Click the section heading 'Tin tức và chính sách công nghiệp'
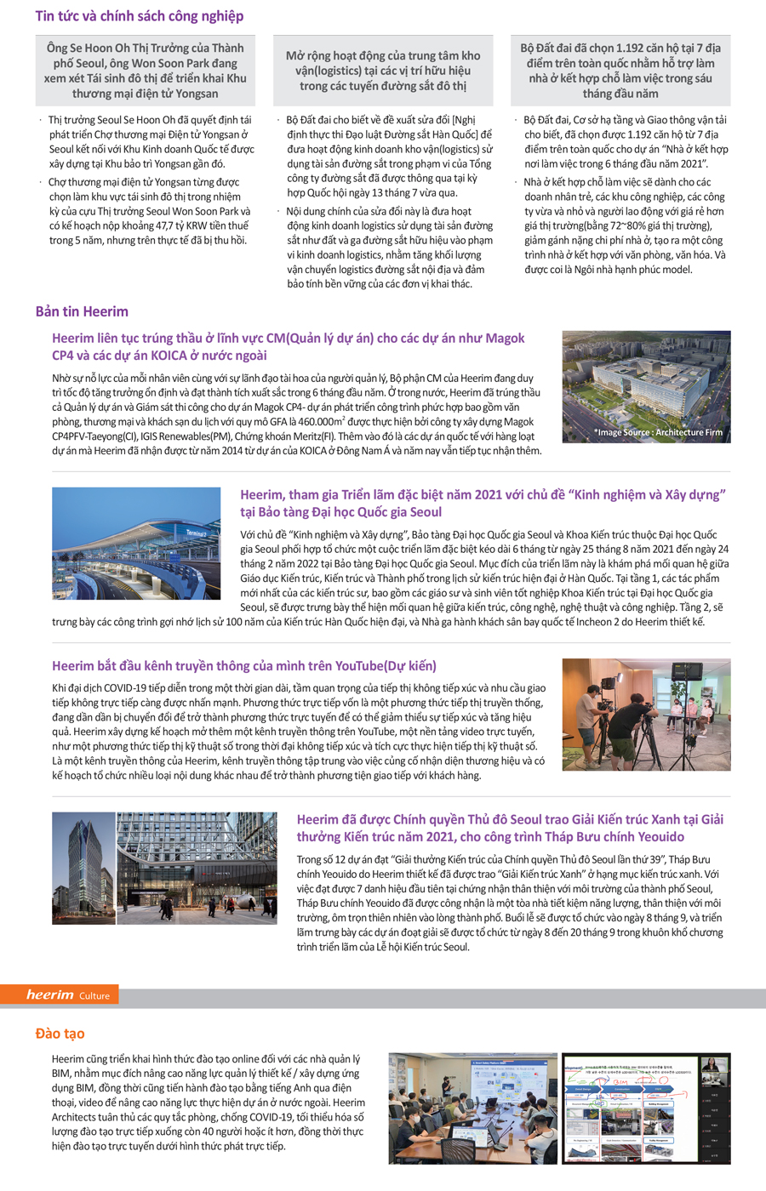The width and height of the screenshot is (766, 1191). (139, 16)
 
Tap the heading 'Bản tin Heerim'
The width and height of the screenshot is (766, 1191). (82, 311)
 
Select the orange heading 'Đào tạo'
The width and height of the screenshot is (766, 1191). (60, 1033)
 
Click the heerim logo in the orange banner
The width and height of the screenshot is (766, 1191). (49, 994)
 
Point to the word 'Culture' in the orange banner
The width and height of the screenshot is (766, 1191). (94, 995)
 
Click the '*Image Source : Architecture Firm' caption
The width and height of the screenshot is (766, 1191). (658, 432)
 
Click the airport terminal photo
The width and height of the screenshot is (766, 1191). (136, 544)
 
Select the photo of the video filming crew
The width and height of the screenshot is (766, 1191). (646, 715)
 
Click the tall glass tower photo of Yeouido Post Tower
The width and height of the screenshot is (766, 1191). (83, 868)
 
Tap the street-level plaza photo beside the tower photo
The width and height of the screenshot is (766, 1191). (197, 868)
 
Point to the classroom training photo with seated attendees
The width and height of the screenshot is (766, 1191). (472, 1108)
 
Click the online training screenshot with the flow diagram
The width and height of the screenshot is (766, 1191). (645, 1108)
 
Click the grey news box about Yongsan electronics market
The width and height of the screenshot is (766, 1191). (145, 71)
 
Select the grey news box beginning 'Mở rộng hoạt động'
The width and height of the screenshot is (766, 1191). (383, 71)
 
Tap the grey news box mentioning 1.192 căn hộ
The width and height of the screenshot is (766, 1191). (620, 71)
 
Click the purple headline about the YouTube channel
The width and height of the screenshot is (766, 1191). (244, 666)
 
